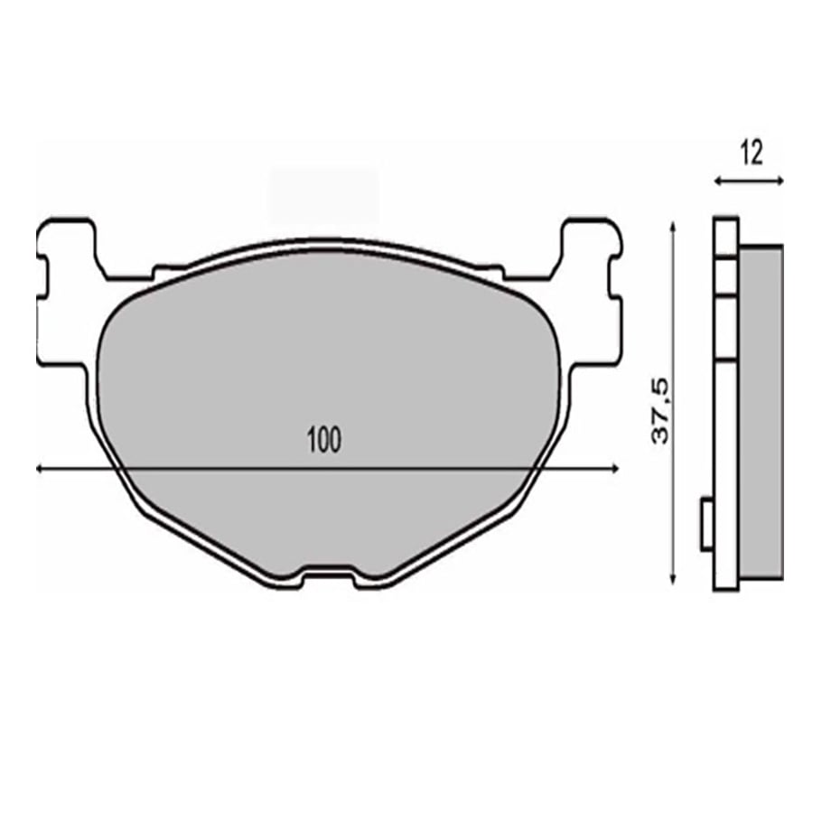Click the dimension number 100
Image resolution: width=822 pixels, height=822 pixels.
tap(323, 441)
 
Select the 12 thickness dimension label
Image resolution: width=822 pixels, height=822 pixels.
tap(752, 154)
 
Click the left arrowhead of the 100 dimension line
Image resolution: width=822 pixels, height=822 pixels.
tap(40, 469)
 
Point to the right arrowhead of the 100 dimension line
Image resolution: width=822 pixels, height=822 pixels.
tap(616, 469)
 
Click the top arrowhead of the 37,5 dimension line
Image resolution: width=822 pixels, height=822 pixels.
tap(673, 227)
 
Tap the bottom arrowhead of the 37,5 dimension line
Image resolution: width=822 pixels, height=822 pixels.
tap(673, 579)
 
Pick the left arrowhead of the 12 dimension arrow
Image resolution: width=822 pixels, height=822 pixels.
tap(718, 182)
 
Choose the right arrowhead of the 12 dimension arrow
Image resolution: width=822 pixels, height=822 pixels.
tap(780, 182)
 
